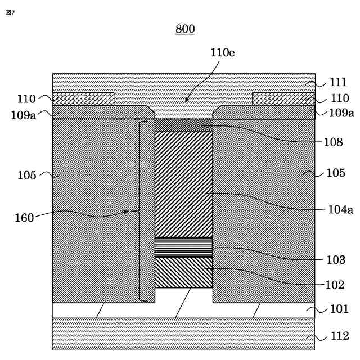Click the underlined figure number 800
pos(185,29)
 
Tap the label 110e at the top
pos(223,53)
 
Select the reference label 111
pos(338,83)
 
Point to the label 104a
pos(340,210)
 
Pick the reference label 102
pos(335,285)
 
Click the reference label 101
pos(339,309)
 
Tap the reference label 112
pos(339,336)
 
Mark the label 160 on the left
pos(24,217)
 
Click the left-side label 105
pos(26,175)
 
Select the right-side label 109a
pos(341,113)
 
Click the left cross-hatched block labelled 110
pos(83,99)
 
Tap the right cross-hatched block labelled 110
pos(283,99)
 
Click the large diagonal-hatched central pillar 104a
pos(183,184)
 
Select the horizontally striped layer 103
pos(183,247)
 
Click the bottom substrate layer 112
pos(183,334)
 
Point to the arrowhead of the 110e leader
pos(186,101)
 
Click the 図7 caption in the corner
pos(10,12)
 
